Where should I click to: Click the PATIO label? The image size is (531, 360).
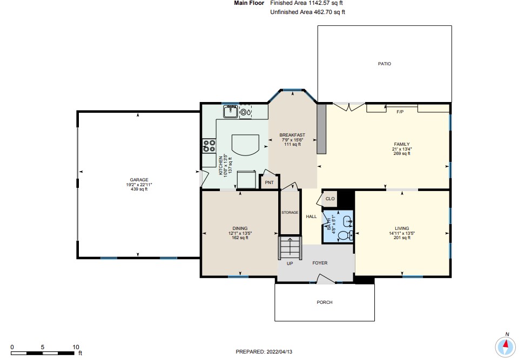[x=385, y=64]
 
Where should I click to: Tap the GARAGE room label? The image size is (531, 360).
[x=139, y=180]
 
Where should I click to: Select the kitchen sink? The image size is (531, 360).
[x=231, y=112]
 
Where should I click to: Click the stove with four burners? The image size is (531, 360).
[x=209, y=146]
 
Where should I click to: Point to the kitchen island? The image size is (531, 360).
[x=245, y=145]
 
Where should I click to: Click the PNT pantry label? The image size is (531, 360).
[x=269, y=183]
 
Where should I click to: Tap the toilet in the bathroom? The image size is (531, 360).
[x=345, y=235]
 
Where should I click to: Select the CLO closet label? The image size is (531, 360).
[x=330, y=199]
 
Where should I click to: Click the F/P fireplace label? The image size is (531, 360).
[x=400, y=112]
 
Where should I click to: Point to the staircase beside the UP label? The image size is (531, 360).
[x=290, y=248]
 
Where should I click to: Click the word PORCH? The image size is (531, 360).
[x=325, y=302]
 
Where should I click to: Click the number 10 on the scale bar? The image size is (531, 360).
[x=76, y=347]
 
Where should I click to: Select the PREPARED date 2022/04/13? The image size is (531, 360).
[x=279, y=352]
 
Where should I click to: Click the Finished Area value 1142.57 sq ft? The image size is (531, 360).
[x=325, y=3]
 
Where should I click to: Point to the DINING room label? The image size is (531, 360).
[x=240, y=228]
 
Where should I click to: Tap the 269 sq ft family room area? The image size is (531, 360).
[x=402, y=154]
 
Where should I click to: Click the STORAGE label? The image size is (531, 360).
[x=290, y=213]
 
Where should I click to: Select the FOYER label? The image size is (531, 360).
[x=320, y=263]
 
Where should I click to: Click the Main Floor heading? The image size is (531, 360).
[x=249, y=3]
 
